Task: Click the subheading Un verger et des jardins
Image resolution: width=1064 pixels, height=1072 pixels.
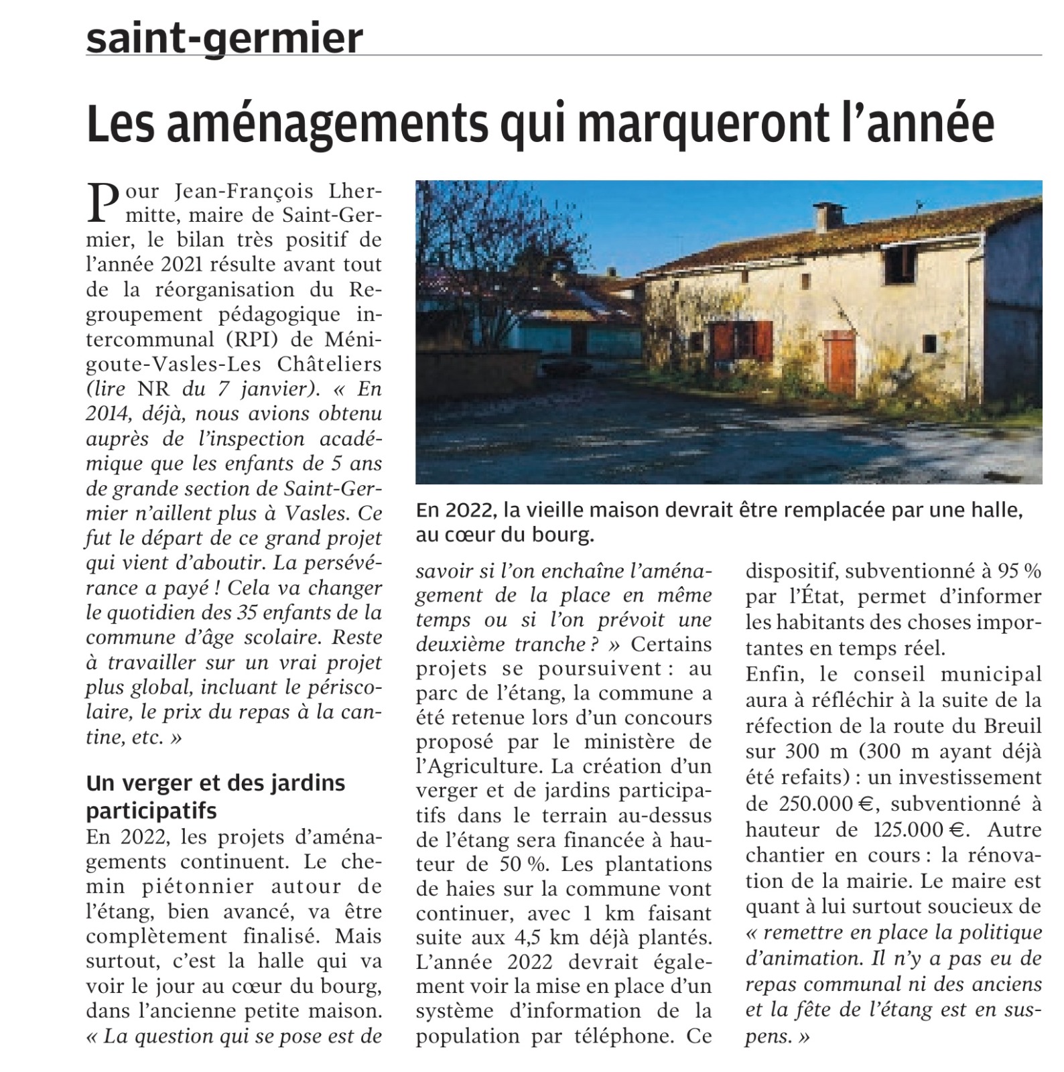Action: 215,783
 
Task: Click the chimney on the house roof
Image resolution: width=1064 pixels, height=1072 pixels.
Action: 829,218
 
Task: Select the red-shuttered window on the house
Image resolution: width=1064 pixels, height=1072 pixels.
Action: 740,340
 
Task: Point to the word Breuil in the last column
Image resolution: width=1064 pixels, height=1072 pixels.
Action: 1013,726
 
